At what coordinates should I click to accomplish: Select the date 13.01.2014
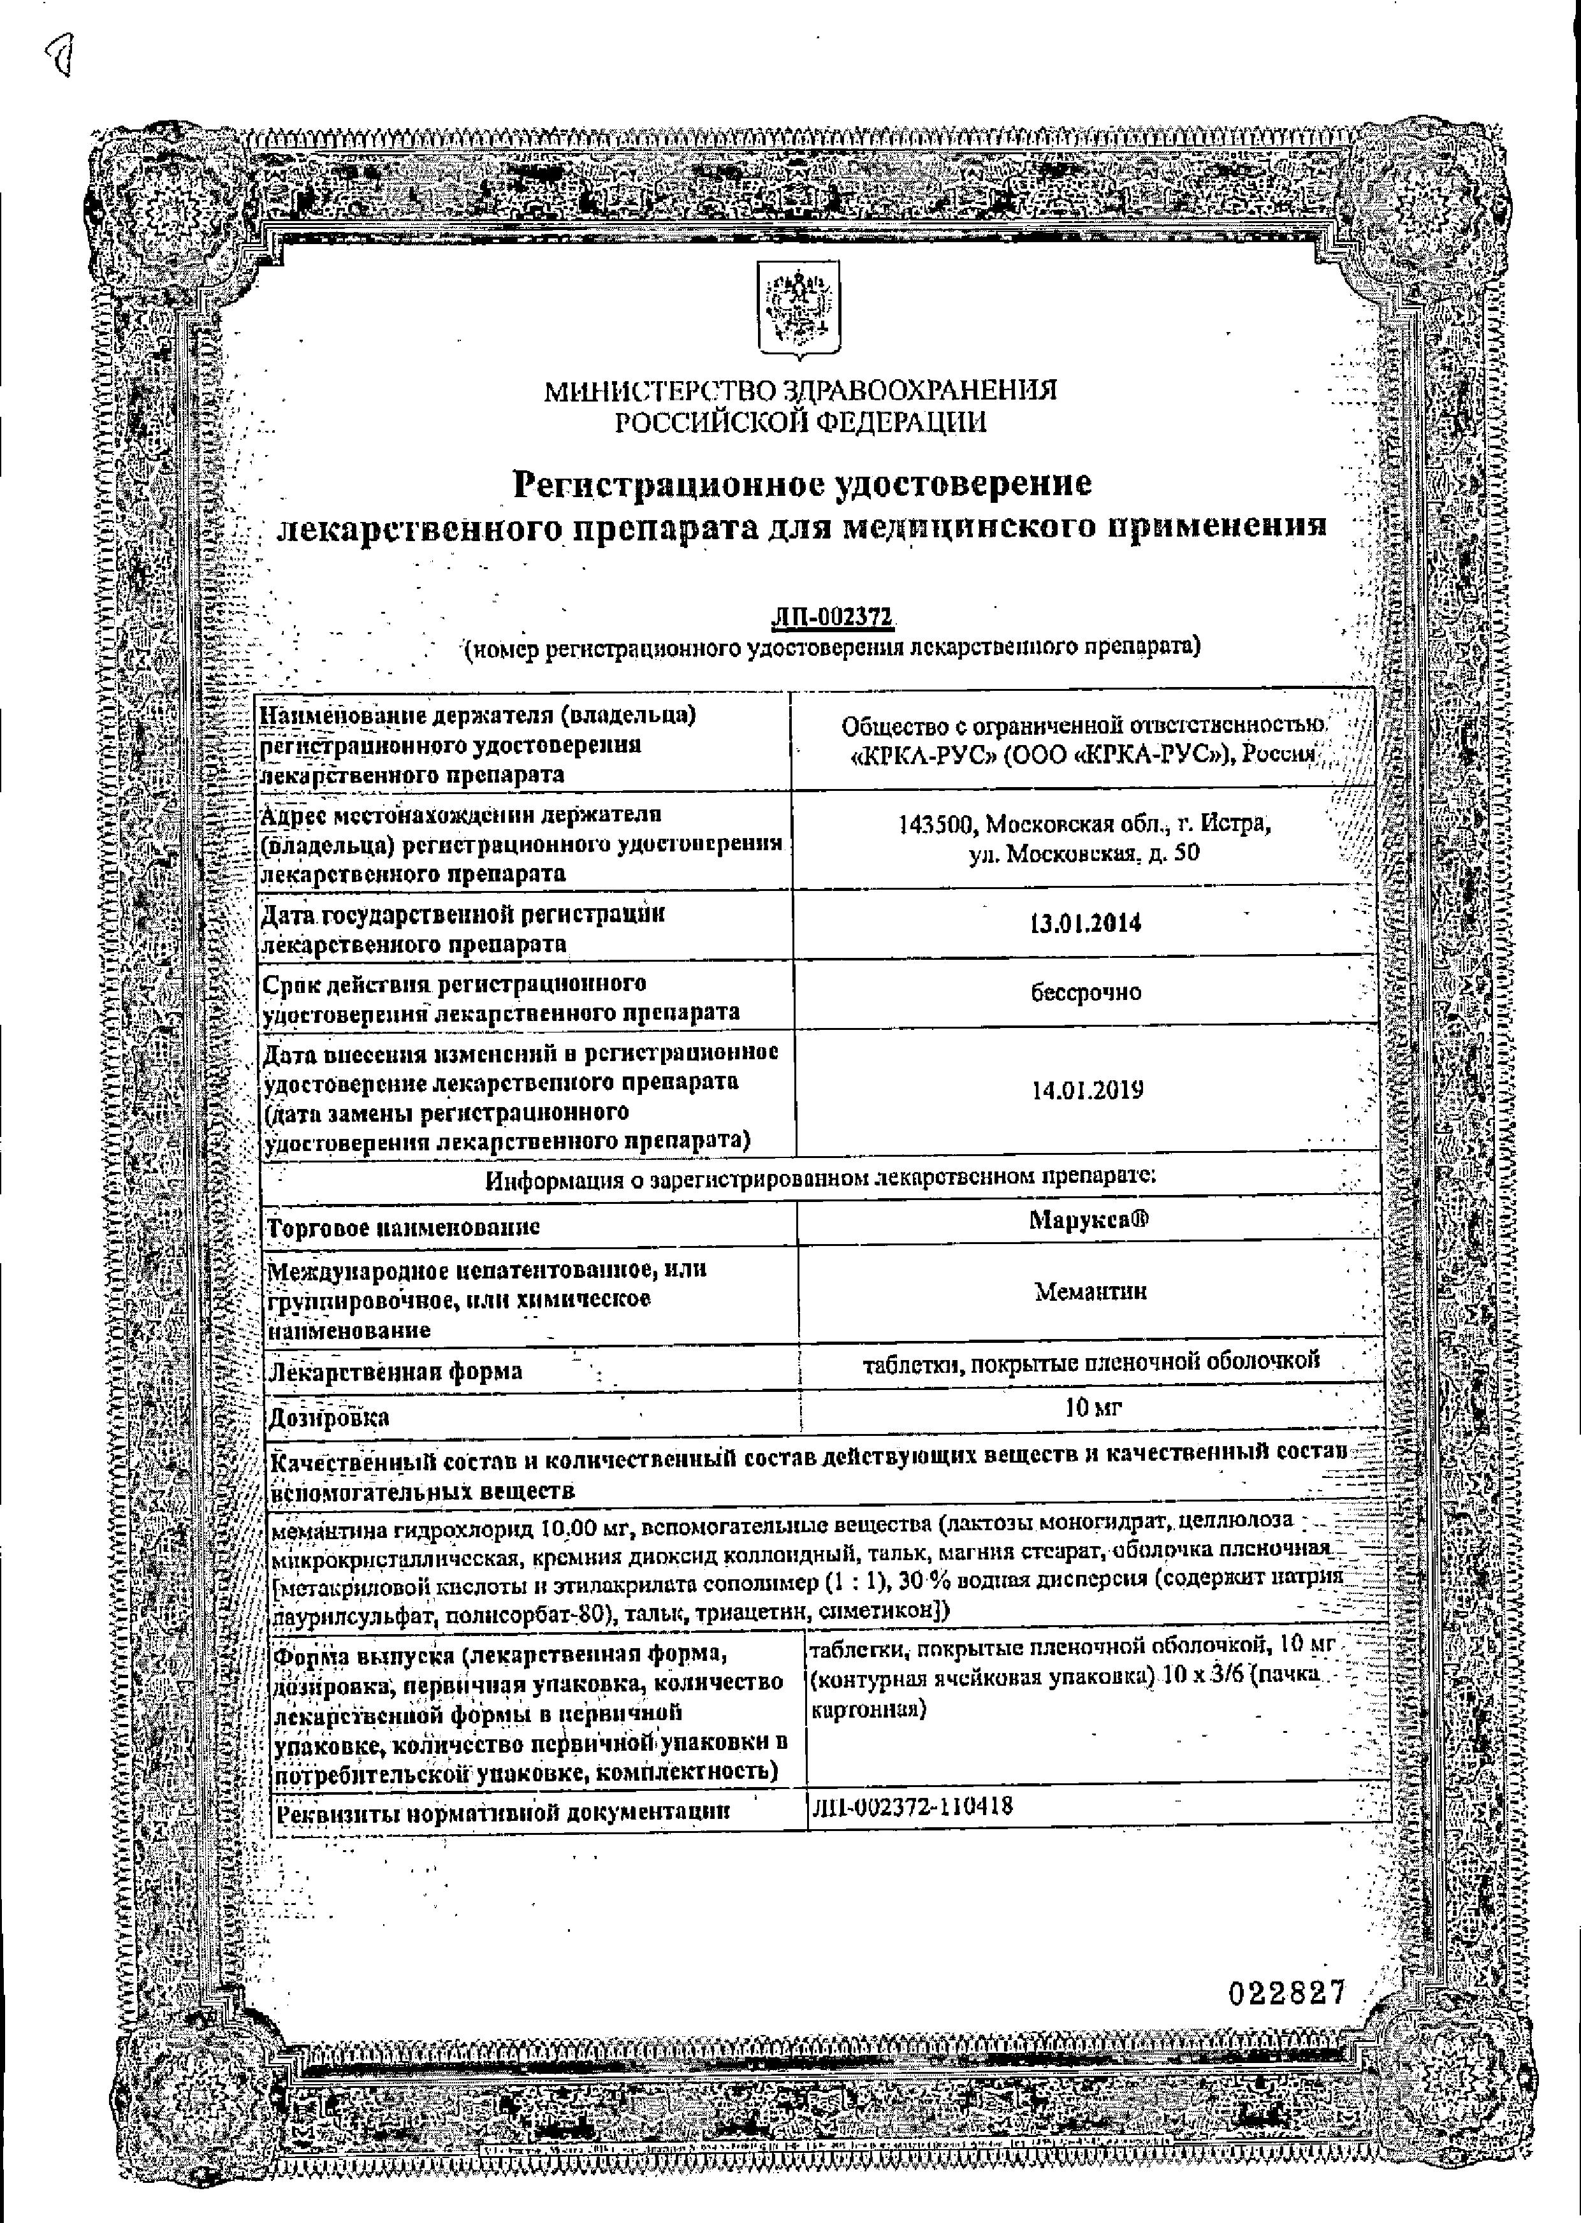(x=1086, y=923)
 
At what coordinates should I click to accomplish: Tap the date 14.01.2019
(x=1088, y=1090)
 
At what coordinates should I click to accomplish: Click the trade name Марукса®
(x=1088, y=1220)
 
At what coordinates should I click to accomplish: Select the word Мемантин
(x=1090, y=1292)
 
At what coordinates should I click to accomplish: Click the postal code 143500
(x=936, y=824)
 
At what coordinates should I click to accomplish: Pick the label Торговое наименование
(x=403, y=1227)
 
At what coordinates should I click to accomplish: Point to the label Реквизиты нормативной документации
(x=502, y=1813)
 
